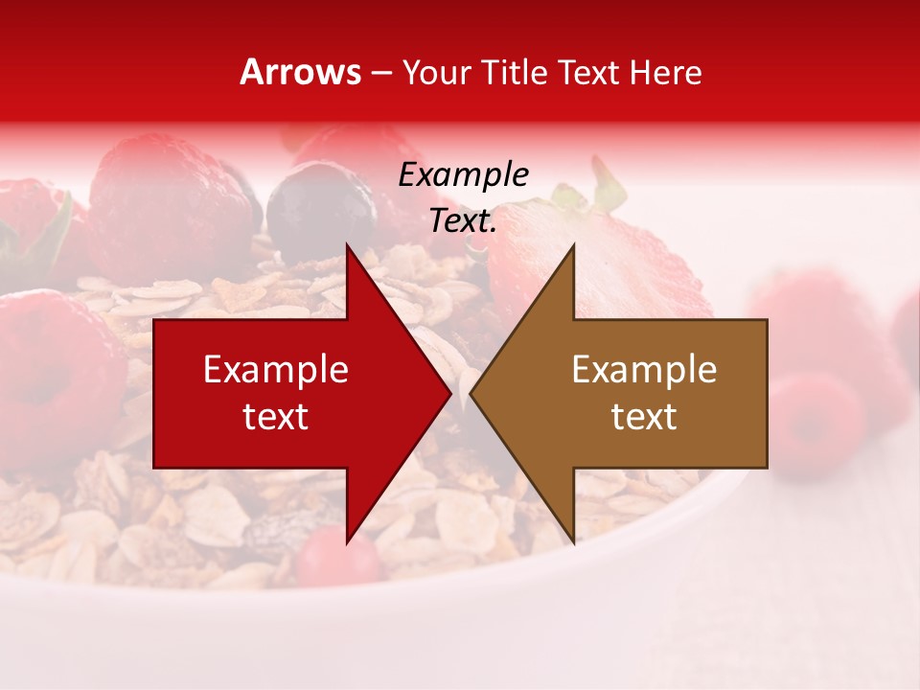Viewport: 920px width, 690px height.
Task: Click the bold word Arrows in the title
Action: click(x=300, y=72)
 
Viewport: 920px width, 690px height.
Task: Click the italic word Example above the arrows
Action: click(x=463, y=174)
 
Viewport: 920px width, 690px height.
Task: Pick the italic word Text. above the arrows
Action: click(x=463, y=220)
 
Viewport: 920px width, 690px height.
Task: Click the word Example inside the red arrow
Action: click(x=276, y=369)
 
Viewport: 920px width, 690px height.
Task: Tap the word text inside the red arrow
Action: click(x=276, y=416)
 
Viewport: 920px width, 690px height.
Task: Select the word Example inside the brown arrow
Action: click(x=644, y=369)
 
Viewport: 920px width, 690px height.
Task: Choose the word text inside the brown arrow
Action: click(x=644, y=416)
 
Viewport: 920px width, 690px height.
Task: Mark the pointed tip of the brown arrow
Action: click(x=471, y=393)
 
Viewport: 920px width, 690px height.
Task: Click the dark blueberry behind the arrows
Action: click(x=321, y=206)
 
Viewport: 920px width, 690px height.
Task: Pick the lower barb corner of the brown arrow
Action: click(x=573, y=541)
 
